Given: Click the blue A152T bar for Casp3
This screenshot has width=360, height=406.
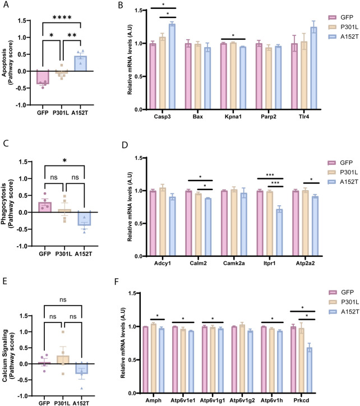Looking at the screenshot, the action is click(172, 67).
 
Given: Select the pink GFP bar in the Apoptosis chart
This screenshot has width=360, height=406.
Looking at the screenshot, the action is click(43, 77).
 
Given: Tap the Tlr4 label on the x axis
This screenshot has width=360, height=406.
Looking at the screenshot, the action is click(304, 117).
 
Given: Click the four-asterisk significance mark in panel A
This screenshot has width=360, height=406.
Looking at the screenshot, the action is click(62, 17).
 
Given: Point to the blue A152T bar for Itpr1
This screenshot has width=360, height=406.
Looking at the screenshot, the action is click(279, 233).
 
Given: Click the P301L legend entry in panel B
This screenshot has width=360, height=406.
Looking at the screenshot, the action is click(343, 27).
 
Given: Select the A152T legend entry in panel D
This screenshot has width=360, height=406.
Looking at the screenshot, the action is click(343, 182).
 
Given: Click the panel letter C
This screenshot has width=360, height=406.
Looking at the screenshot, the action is click(6, 144).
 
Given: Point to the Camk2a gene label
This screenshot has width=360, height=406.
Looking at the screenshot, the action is click(234, 264).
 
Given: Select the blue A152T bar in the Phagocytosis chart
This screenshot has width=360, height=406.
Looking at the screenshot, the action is click(84, 218).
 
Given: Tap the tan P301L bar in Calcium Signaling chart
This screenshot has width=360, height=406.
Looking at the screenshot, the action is click(63, 360).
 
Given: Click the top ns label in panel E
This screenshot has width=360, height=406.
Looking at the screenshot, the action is click(63, 300).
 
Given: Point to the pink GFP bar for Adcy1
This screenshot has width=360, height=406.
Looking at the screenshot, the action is click(153, 223).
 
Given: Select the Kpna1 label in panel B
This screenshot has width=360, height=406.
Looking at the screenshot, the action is click(233, 117).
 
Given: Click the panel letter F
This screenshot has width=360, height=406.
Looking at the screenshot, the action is click(117, 282).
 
